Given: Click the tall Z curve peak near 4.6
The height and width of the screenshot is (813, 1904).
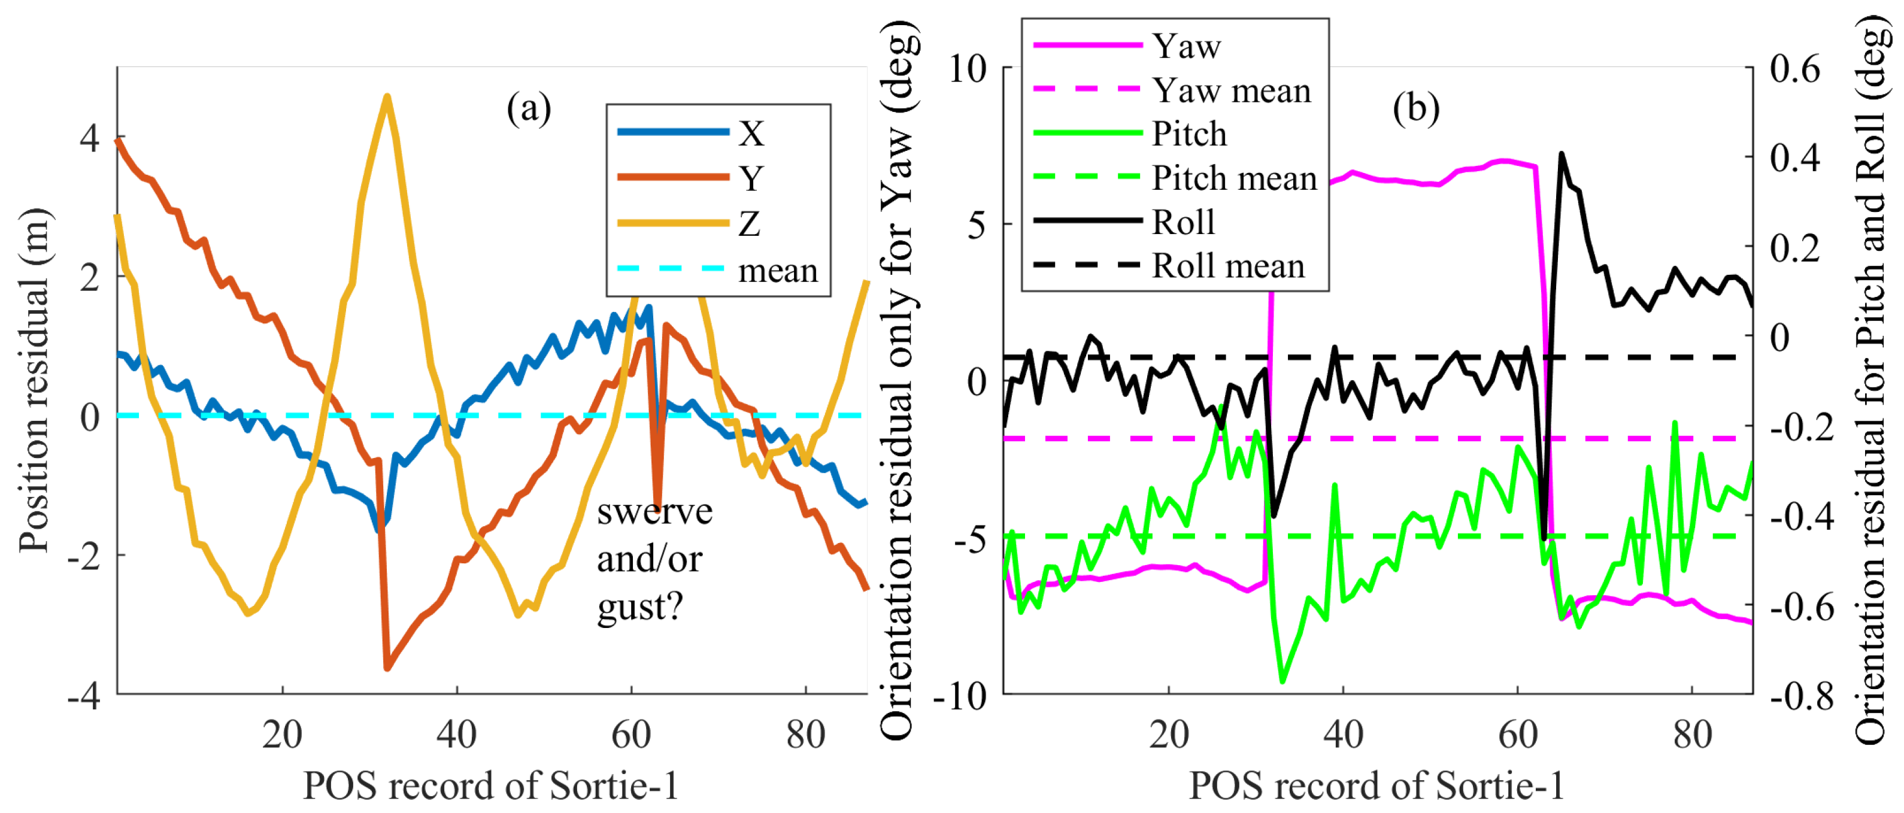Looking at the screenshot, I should (387, 96).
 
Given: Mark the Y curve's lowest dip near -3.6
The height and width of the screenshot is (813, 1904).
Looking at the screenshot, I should (387, 668).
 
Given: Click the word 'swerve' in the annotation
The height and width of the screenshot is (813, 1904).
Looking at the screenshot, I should (654, 511).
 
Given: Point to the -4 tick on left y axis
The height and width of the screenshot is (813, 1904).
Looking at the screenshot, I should (83, 694).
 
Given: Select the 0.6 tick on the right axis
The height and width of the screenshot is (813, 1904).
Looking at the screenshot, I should (1794, 69).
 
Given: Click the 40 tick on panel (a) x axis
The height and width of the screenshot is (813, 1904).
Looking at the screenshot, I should (456, 734).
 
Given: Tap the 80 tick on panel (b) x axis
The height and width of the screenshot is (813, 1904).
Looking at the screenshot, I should (1692, 734).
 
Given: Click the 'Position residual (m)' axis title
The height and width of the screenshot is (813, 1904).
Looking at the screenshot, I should (34, 381).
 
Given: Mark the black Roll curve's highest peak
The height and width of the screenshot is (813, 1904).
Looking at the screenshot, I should (1561, 154).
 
